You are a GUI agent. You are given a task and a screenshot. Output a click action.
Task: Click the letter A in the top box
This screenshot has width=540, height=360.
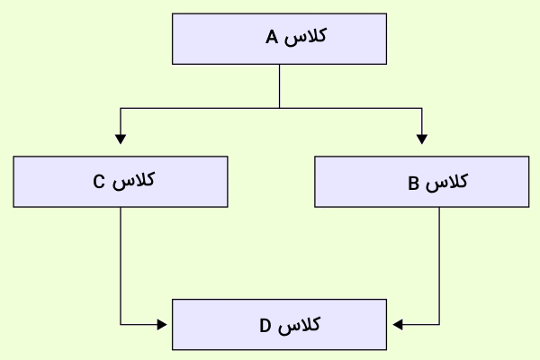(272, 37)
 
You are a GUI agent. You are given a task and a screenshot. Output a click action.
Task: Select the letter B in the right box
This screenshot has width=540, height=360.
(414, 184)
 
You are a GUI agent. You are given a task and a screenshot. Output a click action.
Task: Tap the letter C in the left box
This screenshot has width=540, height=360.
(99, 182)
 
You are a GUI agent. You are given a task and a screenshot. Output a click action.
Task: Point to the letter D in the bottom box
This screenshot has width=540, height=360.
(265, 326)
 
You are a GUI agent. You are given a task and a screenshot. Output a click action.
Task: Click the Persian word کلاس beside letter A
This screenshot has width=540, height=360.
(305, 37)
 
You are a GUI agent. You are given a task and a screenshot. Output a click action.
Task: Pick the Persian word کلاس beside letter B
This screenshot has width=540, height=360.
(446, 182)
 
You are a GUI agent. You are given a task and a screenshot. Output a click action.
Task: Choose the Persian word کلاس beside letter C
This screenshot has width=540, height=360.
(133, 181)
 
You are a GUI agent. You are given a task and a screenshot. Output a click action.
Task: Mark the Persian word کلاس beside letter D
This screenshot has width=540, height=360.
(300, 325)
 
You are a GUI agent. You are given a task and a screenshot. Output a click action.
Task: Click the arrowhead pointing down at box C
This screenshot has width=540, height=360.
(121, 139)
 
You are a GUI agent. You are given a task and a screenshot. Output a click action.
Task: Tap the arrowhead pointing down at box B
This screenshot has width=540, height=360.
(422, 139)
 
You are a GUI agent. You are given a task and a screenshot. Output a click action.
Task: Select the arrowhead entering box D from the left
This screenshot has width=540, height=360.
(162, 325)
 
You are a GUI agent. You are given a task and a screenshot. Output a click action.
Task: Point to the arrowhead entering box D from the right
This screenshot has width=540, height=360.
(398, 325)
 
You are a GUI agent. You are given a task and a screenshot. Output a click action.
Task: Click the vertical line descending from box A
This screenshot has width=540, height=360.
(279, 86)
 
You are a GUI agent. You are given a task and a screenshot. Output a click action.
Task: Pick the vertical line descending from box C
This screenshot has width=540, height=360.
(121, 265)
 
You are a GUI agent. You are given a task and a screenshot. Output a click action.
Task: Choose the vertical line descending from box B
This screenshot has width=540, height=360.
(439, 265)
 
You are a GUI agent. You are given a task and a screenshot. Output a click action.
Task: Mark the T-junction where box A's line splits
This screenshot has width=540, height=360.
(279, 108)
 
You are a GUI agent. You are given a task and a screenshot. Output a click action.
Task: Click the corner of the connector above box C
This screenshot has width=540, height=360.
(121, 108)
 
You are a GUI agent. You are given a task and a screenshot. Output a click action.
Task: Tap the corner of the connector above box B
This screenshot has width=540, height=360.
(422, 108)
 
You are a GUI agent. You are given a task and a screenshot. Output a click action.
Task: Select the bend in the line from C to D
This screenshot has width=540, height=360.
(121, 325)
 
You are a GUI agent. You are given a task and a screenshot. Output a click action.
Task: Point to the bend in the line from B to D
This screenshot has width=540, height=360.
(439, 325)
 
